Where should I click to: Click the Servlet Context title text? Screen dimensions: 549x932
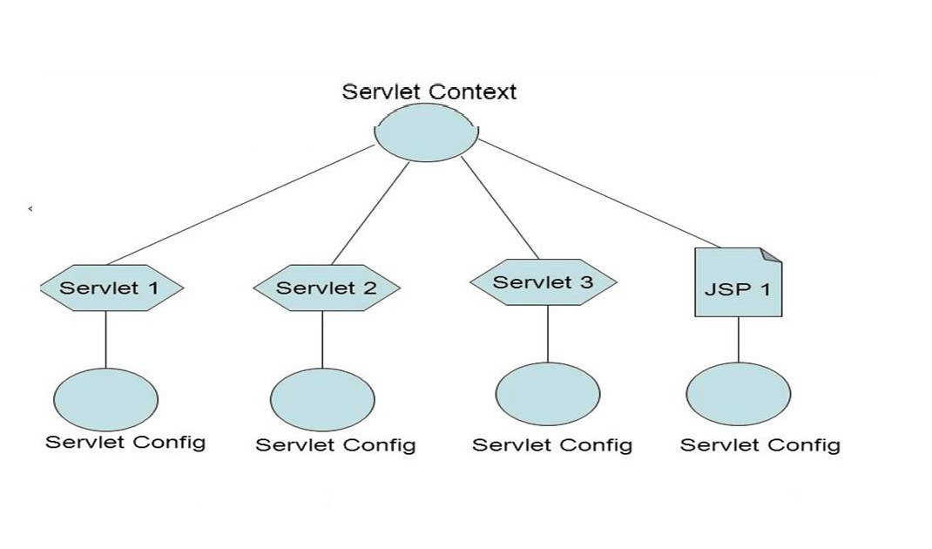[429, 91]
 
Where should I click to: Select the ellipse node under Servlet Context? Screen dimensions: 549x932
[427, 133]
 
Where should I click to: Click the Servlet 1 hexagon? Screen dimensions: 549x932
[111, 288]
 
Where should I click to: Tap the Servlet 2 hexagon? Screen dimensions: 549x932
[327, 288]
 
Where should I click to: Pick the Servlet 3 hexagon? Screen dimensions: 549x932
[544, 282]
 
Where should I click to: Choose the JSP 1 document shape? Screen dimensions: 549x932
[737, 288]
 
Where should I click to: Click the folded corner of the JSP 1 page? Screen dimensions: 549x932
[771, 254]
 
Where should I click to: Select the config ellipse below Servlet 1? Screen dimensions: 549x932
[105, 399]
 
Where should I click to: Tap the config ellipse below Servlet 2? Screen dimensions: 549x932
[322, 399]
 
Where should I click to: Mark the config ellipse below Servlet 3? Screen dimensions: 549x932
[548, 394]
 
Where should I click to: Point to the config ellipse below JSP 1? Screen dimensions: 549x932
[739, 394]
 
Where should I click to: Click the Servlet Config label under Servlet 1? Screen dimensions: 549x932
[125, 442]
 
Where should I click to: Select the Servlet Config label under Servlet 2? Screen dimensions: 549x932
[335, 445]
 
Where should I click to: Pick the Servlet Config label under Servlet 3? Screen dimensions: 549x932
[552, 445]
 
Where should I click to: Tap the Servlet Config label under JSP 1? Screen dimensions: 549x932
[760, 445]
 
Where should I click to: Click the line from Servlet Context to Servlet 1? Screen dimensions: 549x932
[240, 205]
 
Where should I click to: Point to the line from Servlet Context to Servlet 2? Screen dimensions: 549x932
[370, 213]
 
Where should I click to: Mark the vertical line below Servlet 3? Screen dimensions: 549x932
[548, 334]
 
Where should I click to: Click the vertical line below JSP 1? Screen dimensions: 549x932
[739, 340]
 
